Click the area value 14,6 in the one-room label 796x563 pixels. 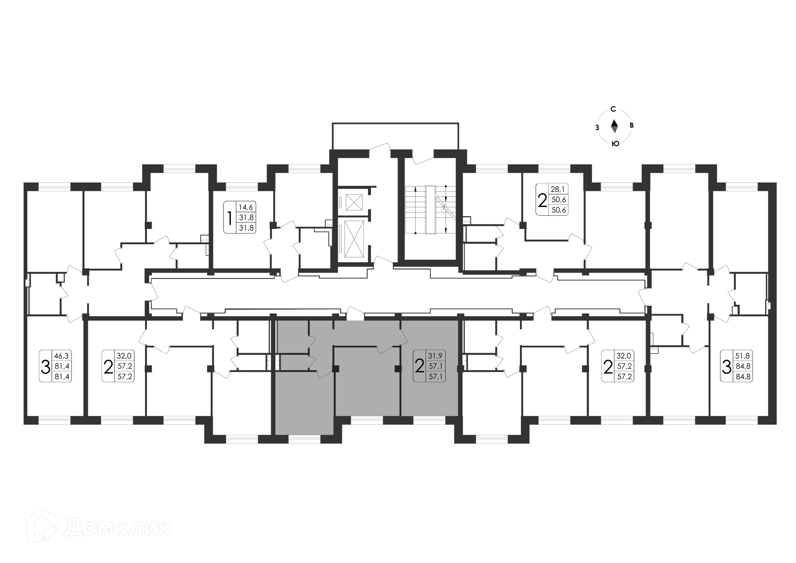pos(246,207)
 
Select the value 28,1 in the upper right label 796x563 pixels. pos(558,189)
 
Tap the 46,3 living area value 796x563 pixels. pos(62,356)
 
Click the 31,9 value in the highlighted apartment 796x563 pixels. pos(435,356)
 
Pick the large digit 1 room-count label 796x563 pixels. pos(230,217)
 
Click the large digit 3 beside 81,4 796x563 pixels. pos(45,367)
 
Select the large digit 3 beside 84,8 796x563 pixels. pos(727,367)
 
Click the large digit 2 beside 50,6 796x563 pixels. pos(542,200)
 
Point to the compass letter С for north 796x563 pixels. pos(613,110)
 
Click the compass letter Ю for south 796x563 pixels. pos(615,144)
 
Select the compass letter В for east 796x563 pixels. pos(631,125)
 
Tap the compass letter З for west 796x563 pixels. pos(597,127)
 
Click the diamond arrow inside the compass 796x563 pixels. pos(614,126)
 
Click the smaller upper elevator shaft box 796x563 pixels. pos(354,202)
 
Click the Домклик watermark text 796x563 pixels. pos(119,528)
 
